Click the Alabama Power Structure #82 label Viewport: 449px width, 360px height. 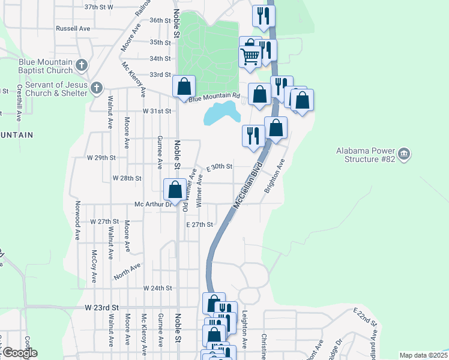pyautogui.click(x=366, y=155)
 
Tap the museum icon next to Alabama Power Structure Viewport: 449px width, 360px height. pyautogui.click(x=404, y=154)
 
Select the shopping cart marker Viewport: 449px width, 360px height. pyautogui.click(x=250, y=57)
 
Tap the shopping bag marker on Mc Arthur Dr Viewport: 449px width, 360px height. pyautogui.click(x=175, y=190)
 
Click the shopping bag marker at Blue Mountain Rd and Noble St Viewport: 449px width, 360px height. pyautogui.click(x=184, y=86)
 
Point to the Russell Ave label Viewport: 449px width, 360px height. pyautogui.click(x=73, y=28)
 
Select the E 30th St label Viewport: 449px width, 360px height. pyautogui.click(x=220, y=167)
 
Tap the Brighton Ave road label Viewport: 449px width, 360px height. pyautogui.click(x=277, y=174)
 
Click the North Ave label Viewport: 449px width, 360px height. pyautogui.click(x=127, y=272)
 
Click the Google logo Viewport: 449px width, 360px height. pyautogui.click(x=20, y=353)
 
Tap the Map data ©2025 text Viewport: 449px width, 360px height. pyautogui.click(x=423, y=355)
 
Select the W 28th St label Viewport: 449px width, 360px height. pyautogui.click(x=127, y=178)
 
